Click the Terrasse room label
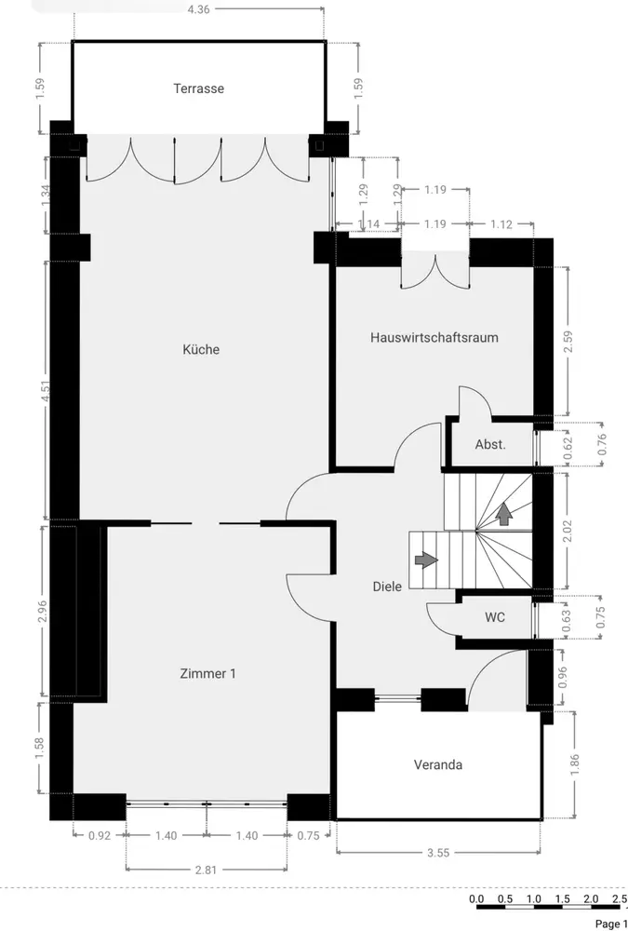199,88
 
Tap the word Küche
201,349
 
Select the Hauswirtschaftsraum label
434,337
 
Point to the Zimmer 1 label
207,673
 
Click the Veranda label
438,764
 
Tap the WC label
495,617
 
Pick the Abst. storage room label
490,444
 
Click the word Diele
387,587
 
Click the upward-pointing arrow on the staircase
504,514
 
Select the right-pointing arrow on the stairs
427,560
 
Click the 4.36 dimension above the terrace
198,9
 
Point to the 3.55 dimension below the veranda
438,853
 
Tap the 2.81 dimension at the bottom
206,870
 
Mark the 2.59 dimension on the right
568,342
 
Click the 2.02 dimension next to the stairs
568,531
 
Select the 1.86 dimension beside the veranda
575,764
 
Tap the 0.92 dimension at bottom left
100,835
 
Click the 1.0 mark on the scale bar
534,899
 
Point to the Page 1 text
609,924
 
